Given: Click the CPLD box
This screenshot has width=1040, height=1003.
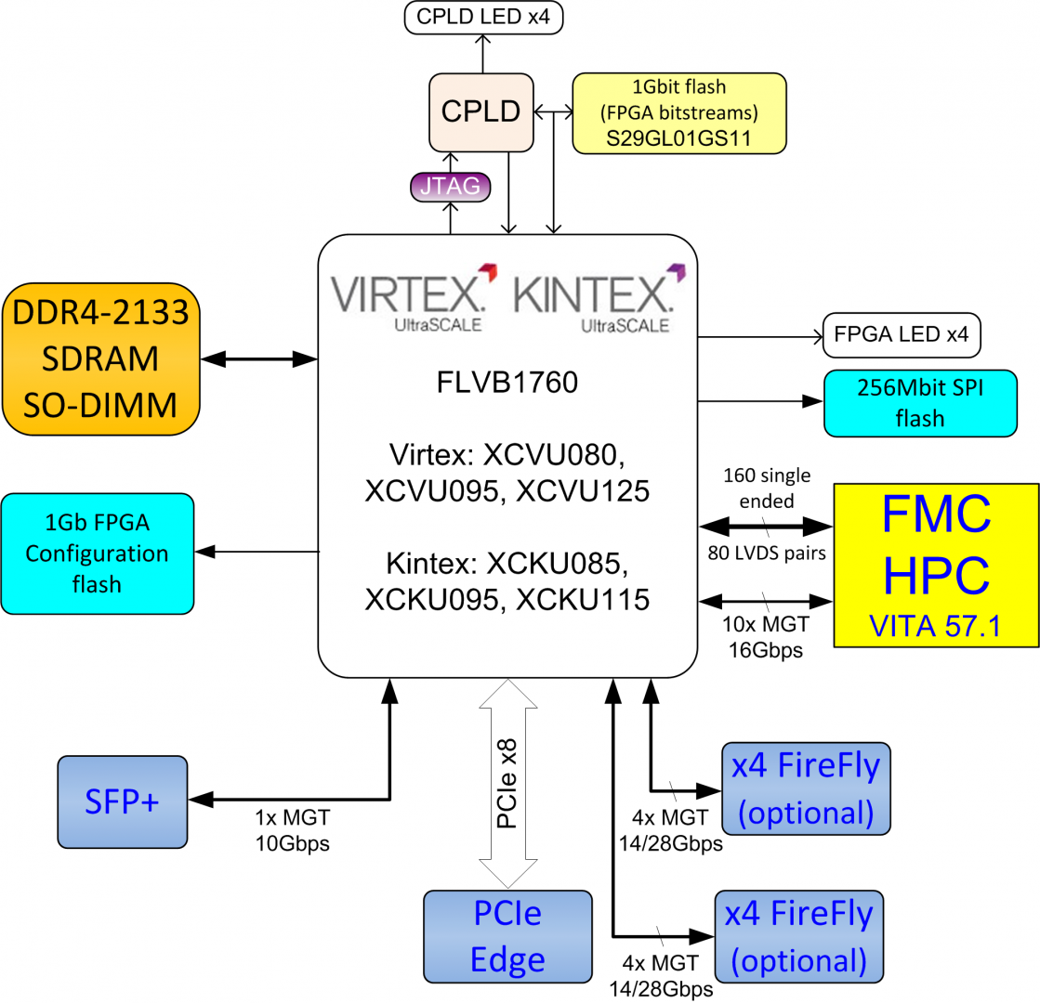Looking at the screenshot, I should point(482,112).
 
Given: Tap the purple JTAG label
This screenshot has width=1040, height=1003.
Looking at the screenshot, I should point(450,187).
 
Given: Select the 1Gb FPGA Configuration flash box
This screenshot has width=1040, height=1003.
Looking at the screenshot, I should point(98,554).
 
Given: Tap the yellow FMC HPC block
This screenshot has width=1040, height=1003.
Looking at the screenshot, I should point(935,563).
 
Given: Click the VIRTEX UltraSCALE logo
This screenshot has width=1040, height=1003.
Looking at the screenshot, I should point(413,296).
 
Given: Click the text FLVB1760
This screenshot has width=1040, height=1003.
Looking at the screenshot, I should point(507,383).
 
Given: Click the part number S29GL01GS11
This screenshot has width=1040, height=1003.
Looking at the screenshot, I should point(679,139).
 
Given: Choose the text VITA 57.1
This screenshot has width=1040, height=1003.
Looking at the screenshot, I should point(935,628).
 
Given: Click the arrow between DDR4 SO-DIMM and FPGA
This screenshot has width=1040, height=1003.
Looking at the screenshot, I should point(258,358).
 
